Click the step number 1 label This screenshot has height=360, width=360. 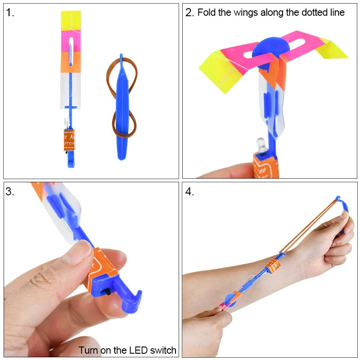(10, 13)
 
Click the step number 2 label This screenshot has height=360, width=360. (189, 13)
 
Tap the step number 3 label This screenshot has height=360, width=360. (10, 191)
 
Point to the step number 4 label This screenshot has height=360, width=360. (189, 191)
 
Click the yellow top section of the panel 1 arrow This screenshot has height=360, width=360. (71, 22)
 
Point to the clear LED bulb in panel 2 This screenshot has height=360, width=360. (261, 144)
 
